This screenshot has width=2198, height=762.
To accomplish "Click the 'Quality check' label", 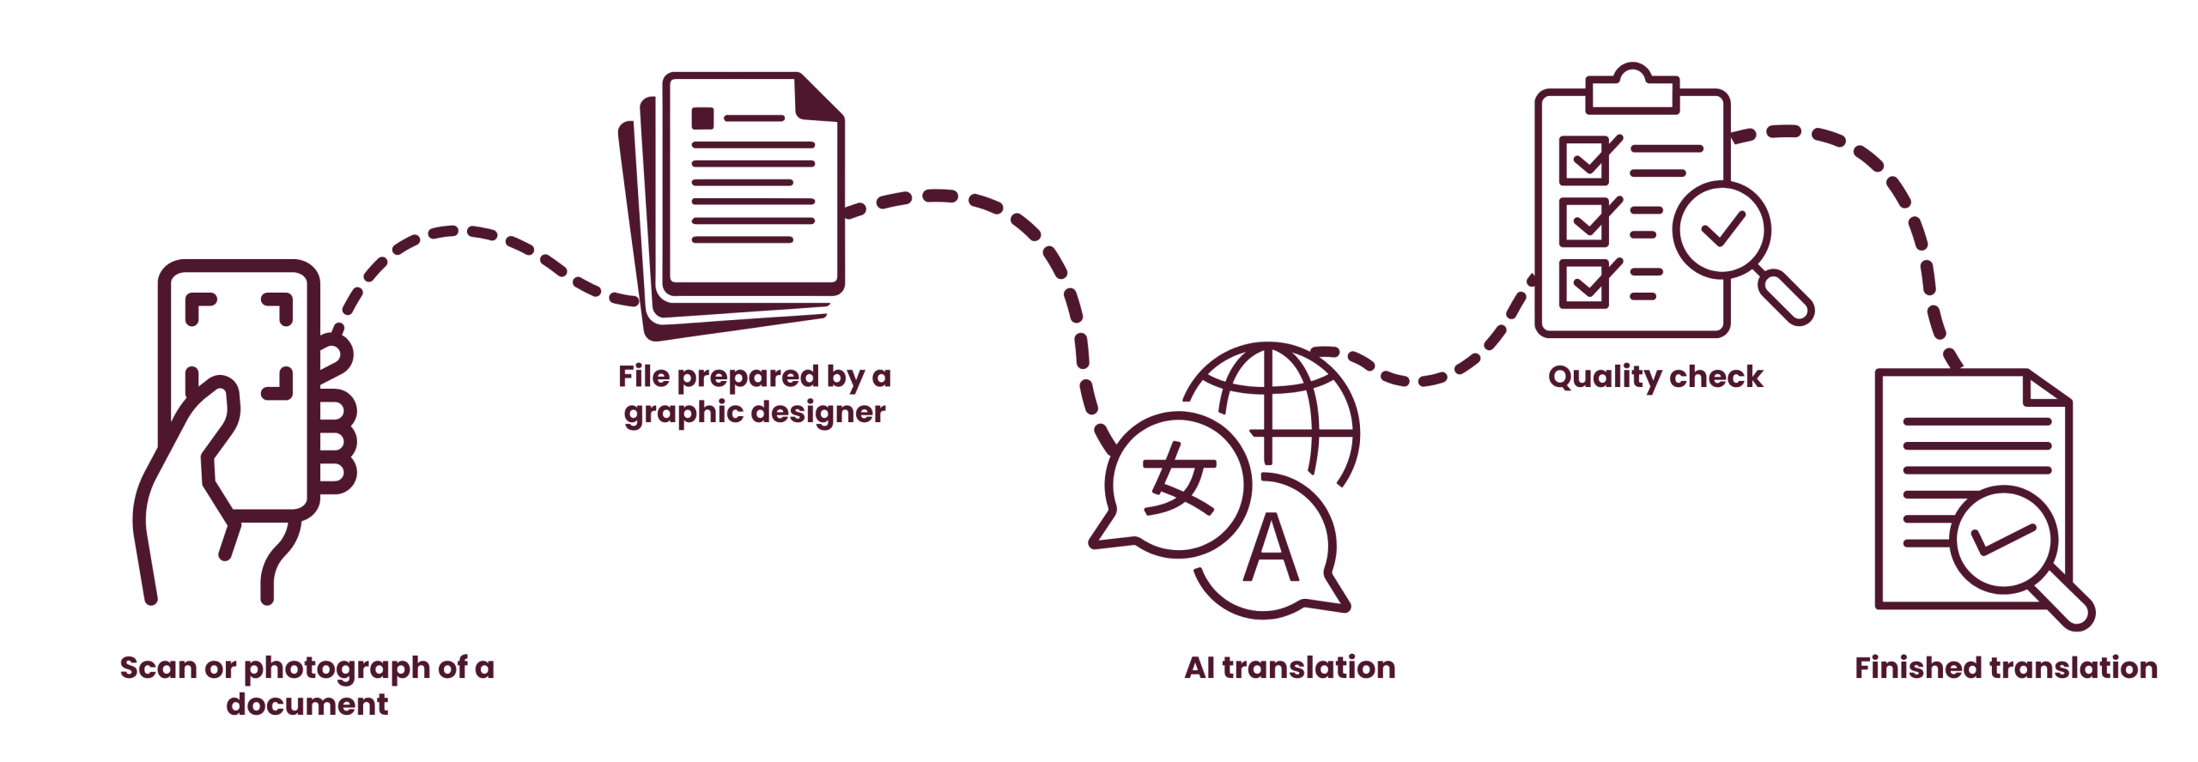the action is click(x=1655, y=377).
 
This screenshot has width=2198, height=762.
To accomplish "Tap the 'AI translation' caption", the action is click(x=1290, y=668).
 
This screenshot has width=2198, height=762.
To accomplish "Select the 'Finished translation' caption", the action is click(x=2006, y=668).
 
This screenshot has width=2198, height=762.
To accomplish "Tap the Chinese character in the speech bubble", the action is click(x=1179, y=478).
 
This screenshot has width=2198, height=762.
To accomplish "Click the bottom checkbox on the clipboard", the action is click(x=1585, y=282).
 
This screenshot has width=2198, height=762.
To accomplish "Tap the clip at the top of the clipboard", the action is click(x=1632, y=88).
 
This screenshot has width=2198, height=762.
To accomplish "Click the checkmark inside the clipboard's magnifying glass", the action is click(x=1722, y=228).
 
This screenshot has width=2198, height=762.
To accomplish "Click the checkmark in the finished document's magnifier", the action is click(x=2003, y=540).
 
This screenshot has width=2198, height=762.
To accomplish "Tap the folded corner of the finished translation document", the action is click(x=2045, y=389).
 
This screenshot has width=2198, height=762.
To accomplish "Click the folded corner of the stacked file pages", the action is click(x=818, y=97).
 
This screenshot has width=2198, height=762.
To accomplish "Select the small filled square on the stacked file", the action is click(x=702, y=118).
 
